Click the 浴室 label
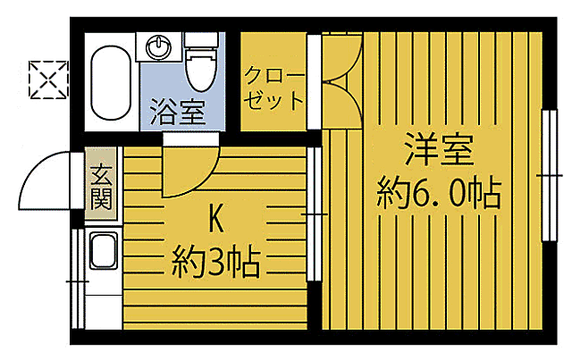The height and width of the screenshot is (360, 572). pos(179,113)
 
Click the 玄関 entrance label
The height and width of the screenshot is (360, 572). pos(100,188)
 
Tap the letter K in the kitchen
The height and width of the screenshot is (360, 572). pos(215,217)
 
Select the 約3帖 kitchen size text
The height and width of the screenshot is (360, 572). pos(215,263)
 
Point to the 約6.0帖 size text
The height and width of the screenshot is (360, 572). pos(437,191)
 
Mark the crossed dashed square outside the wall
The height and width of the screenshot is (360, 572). pos(46,80)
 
